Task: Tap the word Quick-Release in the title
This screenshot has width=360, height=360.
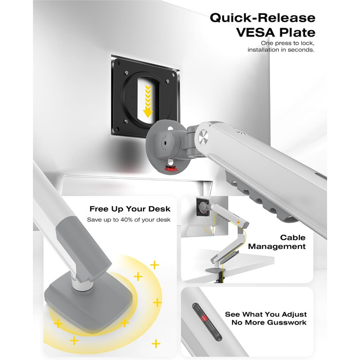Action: (263, 17)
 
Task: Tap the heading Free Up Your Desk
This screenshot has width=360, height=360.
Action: (130, 209)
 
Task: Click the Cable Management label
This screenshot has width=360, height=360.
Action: (277, 242)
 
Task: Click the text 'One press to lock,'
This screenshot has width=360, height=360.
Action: (287, 43)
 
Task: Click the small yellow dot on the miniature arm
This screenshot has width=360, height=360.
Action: (239, 222)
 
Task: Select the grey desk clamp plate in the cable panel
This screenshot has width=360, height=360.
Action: (214, 270)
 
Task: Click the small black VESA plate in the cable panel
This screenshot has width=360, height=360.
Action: (203, 207)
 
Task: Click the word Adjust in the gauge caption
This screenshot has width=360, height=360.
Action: (294, 314)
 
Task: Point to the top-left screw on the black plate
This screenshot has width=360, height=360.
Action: (126, 73)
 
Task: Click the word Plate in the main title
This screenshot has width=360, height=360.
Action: (296, 32)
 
